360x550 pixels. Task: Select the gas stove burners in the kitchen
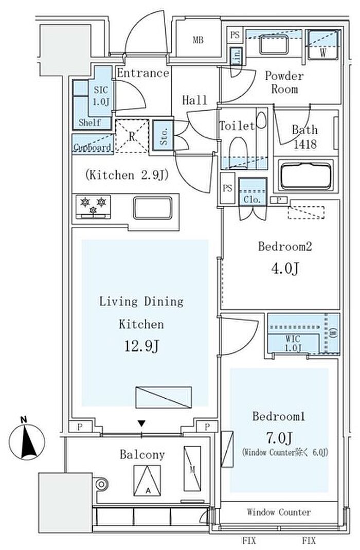[x=94, y=205]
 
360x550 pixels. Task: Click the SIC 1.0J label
[x=101, y=94]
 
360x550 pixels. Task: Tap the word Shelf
[x=89, y=123]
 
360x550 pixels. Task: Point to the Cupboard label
[x=93, y=148]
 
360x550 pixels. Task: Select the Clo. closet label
[x=253, y=199]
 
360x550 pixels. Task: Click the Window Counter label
[x=279, y=512]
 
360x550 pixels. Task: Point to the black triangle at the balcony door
[x=141, y=423]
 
